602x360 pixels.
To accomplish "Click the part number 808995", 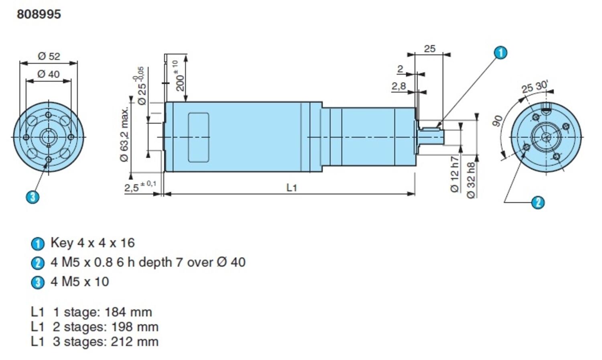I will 39,14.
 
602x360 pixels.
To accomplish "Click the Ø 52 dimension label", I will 49,56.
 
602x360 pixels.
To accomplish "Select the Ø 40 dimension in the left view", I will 48,74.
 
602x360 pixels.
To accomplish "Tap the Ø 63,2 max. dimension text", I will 124,134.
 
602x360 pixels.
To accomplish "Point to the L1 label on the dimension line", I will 291,187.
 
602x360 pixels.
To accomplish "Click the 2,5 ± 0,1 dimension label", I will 140,187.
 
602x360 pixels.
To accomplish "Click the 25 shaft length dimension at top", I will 429,49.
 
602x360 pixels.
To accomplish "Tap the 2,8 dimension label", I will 399,86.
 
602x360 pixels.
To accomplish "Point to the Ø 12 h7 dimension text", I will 454,174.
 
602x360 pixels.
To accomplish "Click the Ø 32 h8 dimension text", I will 471,180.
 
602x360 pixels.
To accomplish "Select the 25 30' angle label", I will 535,87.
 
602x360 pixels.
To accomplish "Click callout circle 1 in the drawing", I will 500,53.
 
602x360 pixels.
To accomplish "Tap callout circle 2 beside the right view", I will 538,202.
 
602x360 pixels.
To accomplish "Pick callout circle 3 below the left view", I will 33,197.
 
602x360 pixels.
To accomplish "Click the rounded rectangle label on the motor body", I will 199,137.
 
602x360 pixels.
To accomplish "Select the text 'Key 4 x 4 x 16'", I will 92,243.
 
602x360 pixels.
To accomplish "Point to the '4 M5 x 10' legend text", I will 79,282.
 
